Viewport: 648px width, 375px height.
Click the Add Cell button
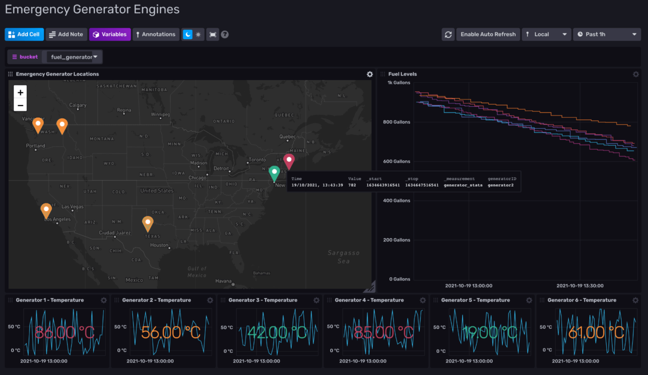[24, 34]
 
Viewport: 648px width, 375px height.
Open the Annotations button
[156, 34]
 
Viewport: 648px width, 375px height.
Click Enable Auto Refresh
[488, 34]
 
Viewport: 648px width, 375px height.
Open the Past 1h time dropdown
[606, 34]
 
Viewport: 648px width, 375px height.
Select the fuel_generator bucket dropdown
[74, 57]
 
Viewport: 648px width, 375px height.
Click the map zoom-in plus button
[20, 92]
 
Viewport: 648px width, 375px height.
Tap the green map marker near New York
[274, 173]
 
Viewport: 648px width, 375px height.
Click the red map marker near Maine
[289, 160]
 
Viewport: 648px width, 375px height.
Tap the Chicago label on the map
[197, 178]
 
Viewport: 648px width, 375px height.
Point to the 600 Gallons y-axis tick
[396, 161]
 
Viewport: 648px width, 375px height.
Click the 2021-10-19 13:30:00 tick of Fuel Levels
[580, 286]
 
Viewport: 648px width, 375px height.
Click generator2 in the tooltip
[500, 185]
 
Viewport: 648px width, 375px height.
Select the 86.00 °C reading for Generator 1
[64, 332]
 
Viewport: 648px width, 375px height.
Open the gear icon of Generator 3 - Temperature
[316, 300]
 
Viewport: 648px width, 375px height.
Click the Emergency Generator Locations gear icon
[370, 74]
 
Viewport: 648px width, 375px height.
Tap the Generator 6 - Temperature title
[581, 300]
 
